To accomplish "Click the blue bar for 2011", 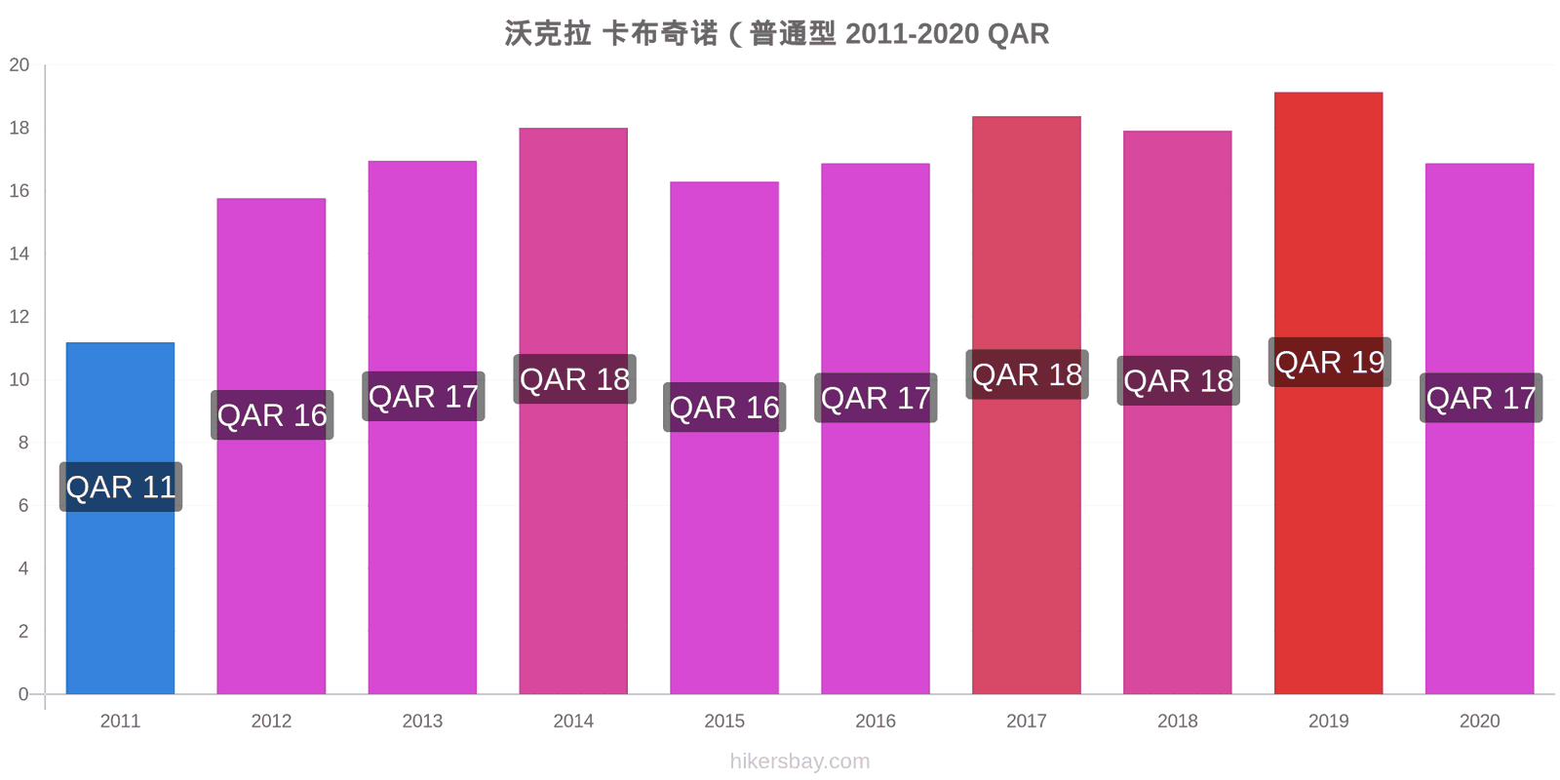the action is point(120,518).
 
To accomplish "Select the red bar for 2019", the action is point(1328,393).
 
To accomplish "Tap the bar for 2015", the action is point(724,438).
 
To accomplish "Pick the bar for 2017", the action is point(1027,406).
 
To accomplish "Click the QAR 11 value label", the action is point(121,487).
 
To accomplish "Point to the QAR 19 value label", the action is point(1330,362).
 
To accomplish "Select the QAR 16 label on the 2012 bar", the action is point(272,415).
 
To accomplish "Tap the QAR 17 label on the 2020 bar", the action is point(1481,399).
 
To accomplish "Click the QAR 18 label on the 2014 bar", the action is point(574,379).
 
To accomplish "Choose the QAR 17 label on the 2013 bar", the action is point(423,396).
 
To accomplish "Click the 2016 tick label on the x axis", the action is point(876,721).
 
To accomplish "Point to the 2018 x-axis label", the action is point(1178,721).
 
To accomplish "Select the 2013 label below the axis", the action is point(422,721).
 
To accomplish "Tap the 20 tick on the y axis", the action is point(19,64).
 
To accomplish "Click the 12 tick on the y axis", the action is point(19,317).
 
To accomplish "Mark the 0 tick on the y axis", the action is point(23,694).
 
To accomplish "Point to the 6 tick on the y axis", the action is point(23,506).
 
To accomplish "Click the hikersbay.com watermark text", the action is point(799,761).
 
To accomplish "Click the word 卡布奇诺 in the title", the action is point(659,33).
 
